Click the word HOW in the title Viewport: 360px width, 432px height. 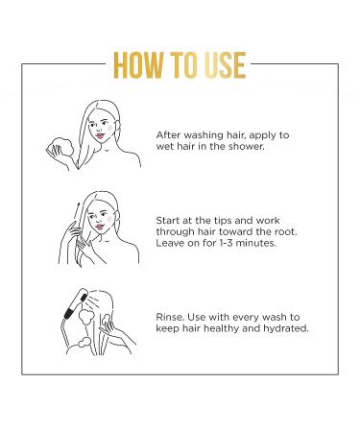pos(138,65)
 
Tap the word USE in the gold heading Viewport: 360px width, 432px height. pos(225,65)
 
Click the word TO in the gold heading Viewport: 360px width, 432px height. pos(183,65)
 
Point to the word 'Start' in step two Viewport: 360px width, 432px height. pos(167,221)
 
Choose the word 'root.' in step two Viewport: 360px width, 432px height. pos(286,231)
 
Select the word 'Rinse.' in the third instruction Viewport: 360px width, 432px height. pos(170,317)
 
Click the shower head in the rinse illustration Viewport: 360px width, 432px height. pos(76,303)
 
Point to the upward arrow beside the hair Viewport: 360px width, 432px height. pos(76,211)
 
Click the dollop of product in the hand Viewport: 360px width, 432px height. pos(62,147)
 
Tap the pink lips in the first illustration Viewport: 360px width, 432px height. pos(100,135)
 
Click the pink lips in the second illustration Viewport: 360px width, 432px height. pos(100,227)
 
